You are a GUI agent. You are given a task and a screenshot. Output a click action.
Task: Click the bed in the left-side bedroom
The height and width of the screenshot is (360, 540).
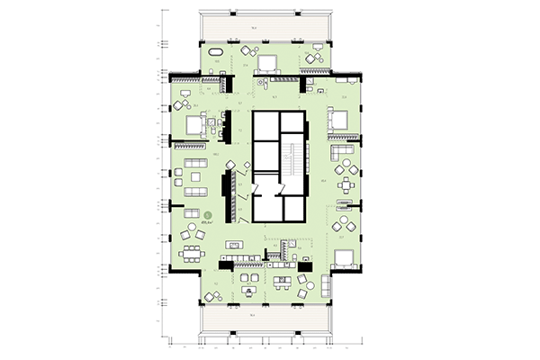tap(195, 125)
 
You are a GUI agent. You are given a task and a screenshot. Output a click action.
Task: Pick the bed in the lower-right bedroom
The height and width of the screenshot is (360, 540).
tap(345, 258)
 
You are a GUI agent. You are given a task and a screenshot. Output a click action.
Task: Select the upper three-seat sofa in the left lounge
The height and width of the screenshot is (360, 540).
tap(193, 167)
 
